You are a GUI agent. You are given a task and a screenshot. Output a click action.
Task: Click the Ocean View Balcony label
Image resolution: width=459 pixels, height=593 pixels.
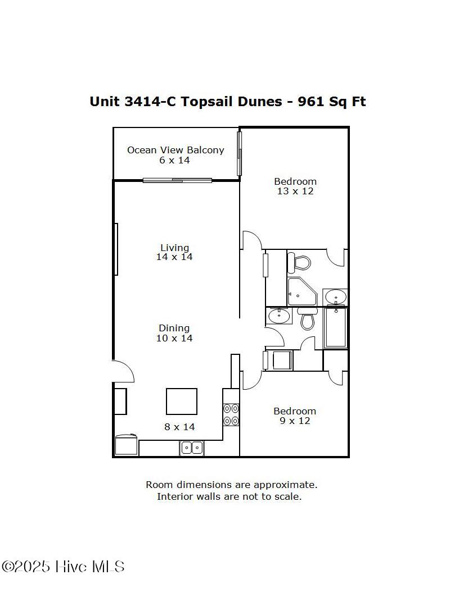click(x=175, y=150)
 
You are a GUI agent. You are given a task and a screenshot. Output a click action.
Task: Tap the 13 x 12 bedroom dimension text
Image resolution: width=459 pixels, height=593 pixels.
click(x=295, y=191)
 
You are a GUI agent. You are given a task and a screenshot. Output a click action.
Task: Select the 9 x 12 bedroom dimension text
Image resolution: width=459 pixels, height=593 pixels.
click(x=295, y=421)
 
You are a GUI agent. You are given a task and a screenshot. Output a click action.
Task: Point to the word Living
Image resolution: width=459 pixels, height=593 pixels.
click(x=174, y=247)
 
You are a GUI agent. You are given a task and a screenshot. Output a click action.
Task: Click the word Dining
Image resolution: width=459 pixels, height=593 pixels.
click(x=174, y=328)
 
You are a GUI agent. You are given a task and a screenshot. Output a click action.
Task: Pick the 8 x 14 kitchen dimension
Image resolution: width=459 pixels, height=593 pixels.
click(x=179, y=427)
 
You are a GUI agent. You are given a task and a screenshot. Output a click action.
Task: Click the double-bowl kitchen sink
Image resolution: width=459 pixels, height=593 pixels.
click(x=192, y=448)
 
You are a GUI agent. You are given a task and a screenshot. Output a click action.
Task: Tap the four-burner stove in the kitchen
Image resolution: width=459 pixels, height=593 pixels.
click(x=231, y=414)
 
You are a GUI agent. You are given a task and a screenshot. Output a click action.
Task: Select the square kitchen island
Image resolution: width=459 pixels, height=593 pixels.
click(x=182, y=402)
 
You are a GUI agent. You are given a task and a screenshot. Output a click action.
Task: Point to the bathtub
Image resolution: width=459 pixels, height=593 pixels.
click(x=336, y=327)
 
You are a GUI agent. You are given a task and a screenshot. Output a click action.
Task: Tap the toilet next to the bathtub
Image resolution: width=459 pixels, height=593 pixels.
click(x=307, y=319)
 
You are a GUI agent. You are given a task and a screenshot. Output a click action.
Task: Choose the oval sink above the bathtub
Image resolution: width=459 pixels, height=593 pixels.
click(x=336, y=296)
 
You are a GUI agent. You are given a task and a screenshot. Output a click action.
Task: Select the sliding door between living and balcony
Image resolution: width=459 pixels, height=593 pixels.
click(x=177, y=180)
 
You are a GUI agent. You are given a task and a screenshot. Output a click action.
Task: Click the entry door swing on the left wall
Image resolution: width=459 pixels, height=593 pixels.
click(x=123, y=372)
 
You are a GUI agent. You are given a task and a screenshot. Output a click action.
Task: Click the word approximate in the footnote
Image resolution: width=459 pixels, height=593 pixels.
click(x=285, y=484)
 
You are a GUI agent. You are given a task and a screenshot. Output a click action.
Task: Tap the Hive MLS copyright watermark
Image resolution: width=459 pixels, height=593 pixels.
click(x=62, y=567)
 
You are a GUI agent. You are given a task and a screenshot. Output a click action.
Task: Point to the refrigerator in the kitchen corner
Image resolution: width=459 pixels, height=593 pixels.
click(x=127, y=445)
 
